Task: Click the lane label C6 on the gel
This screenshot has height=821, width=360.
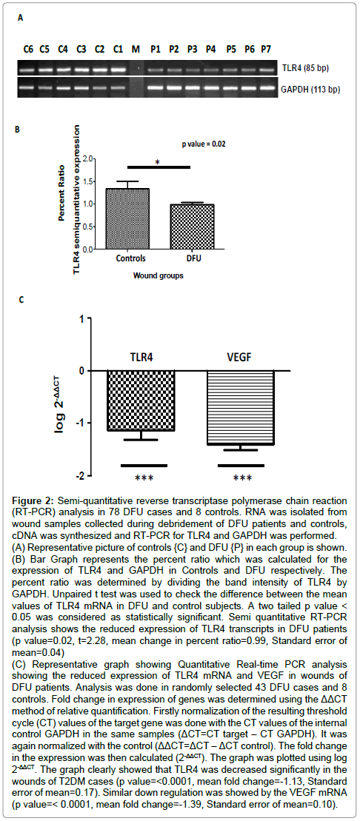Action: pos(27,49)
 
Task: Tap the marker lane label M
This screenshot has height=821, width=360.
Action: pos(136,49)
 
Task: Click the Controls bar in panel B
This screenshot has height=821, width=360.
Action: pos(129,219)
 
